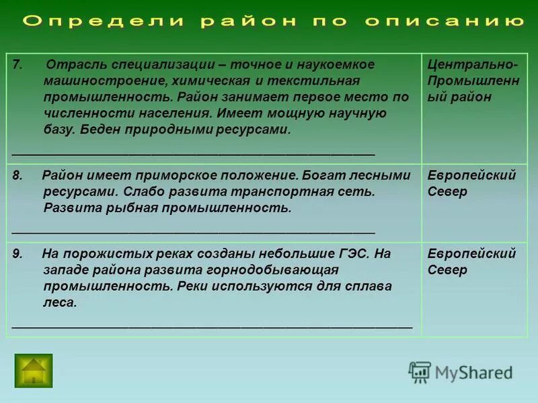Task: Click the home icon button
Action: (x=33, y=370)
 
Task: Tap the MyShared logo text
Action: (x=473, y=372)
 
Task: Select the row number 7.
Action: (x=17, y=64)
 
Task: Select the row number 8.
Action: (x=17, y=175)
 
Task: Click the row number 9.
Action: (x=17, y=254)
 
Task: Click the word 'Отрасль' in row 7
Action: (x=73, y=64)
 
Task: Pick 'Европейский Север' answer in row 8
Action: (x=471, y=183)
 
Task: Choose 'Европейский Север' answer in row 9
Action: (x=471, y=262)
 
